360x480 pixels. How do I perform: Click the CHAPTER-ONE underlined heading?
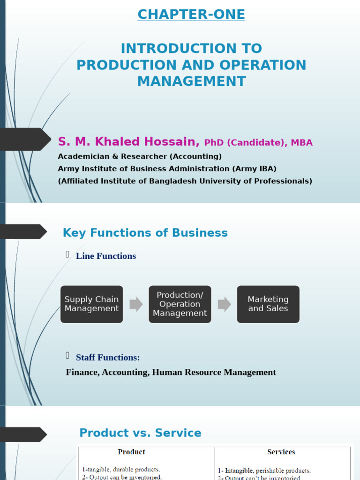click(191, 15)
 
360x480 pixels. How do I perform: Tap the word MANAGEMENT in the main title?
click(191, 81)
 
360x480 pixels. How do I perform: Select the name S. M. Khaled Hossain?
click(129, 142)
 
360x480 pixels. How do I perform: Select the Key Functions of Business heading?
click(145, 233)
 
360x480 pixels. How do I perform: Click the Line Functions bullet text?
click(106, 256)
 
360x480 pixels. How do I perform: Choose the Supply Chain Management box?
click(92, 304)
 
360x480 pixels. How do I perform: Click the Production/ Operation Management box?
click(180, 304)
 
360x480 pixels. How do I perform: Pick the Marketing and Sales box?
click(268, 304)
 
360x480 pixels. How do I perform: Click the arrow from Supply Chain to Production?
click(136, 304)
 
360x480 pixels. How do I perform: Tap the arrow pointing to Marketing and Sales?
click(224, 304)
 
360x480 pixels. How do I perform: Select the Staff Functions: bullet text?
click(108, 358)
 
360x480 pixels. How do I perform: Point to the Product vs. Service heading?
click(140, 433)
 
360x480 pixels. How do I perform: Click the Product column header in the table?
click(131, 452)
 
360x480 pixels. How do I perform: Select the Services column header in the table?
click(281, 452)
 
